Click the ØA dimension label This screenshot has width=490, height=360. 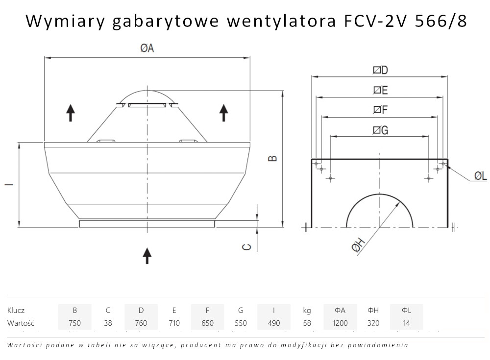point(147,48)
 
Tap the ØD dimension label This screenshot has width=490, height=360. point(380,70)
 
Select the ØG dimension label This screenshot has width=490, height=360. point(380,130)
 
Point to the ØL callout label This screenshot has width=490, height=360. point(481,176)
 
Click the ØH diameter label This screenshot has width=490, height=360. point(359,244)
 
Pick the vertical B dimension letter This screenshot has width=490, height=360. point(273,158)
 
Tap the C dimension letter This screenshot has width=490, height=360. point(247,247)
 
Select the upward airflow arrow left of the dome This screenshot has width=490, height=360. point(71,113)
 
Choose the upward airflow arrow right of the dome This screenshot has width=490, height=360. point(223,113)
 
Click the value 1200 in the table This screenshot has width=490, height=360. point(340,323)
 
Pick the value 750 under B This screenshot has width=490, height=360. point(74,323)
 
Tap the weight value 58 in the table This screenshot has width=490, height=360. point(307,323)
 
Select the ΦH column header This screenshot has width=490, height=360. point(373,311)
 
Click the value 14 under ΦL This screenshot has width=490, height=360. point(406,323)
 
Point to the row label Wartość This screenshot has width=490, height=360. point(21,323)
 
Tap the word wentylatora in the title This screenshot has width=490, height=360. point(281,22)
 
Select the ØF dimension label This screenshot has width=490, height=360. point(380,110)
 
